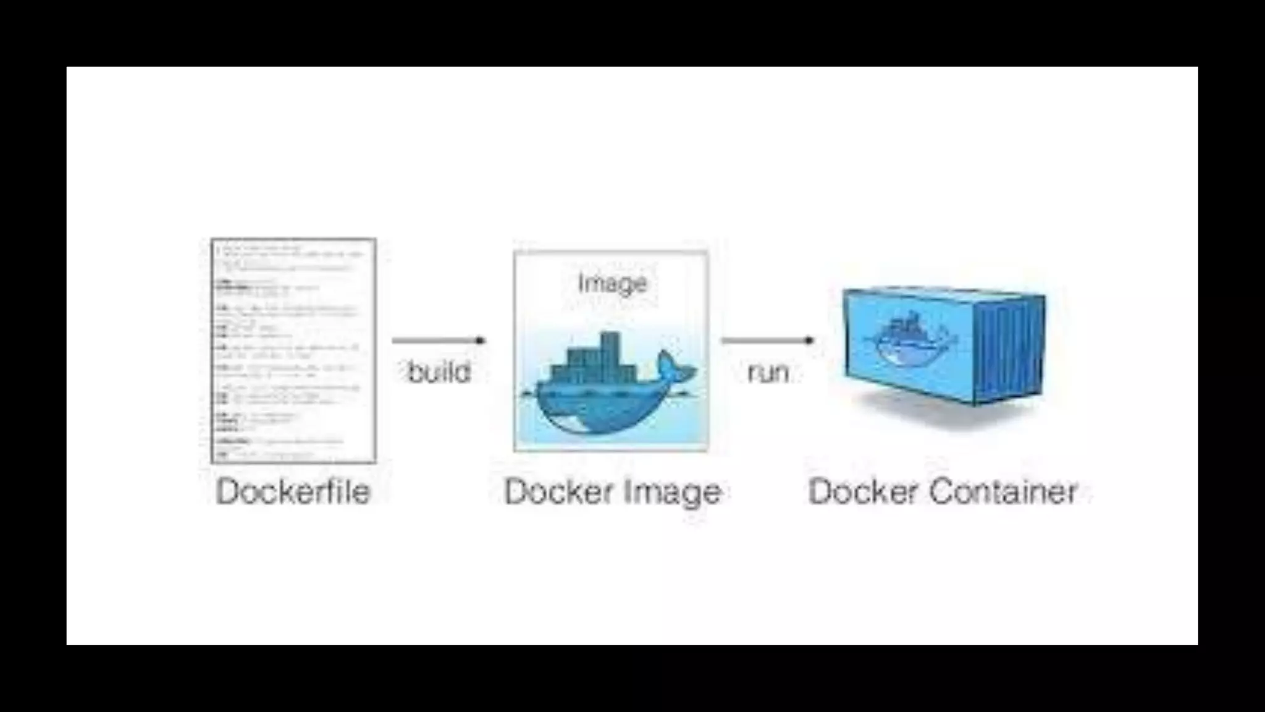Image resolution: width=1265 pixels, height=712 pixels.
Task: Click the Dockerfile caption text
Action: coord(293,492)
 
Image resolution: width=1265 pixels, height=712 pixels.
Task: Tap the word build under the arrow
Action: coord(439,372)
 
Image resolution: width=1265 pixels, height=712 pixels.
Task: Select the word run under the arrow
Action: coord(768,372)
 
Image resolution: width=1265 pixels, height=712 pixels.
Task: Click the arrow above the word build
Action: coord(439,341)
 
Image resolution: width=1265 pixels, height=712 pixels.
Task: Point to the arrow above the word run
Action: coord(767,341)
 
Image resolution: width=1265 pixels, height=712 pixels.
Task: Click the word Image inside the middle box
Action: coord(612,284)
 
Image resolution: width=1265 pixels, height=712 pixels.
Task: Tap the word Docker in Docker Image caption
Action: coord(553,492)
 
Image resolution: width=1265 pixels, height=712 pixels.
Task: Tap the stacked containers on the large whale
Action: coord(593,362)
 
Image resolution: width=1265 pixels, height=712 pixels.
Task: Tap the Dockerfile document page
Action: coord(293,350)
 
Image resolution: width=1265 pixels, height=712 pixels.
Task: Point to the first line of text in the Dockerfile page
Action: coord(259,247)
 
